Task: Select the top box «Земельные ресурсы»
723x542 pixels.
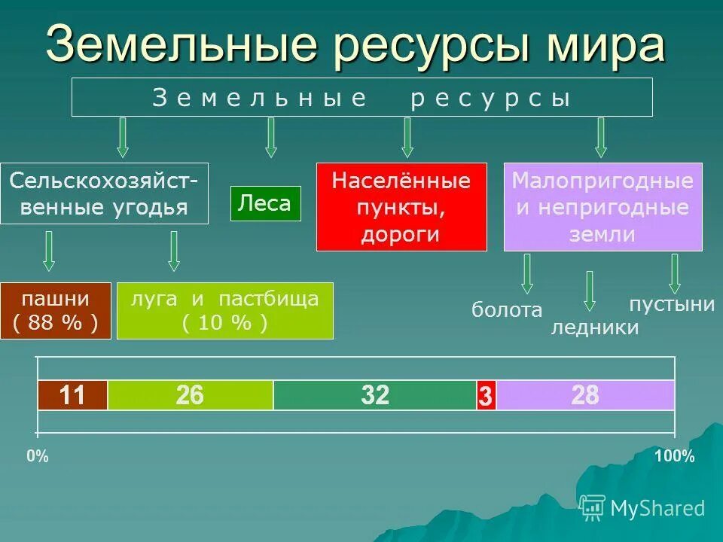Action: click(361, 97)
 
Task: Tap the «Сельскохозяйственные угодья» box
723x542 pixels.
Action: click(104, 193)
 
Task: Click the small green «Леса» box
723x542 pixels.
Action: click(265, 203)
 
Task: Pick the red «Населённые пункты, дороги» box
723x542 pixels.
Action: click(401, 207)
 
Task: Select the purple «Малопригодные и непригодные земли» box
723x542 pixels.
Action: click(602, 207)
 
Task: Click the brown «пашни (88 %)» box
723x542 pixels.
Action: click(56, 310)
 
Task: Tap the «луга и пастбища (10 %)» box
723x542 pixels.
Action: click(224, 310)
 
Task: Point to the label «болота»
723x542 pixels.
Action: click(507, 310)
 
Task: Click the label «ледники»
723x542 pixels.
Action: click(595, 327)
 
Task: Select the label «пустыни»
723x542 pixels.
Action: click(672, 304)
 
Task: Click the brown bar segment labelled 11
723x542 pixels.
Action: click(72, 395)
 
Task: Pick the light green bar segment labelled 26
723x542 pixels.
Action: click(190, 395)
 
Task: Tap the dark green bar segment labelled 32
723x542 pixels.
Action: click(374, 395)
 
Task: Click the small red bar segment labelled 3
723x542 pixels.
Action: click(486, 396)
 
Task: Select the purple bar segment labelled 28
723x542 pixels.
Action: click(585, 395)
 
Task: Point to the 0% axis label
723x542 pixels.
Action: click(38, 456)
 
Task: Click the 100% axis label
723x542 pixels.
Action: click(674, 456)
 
